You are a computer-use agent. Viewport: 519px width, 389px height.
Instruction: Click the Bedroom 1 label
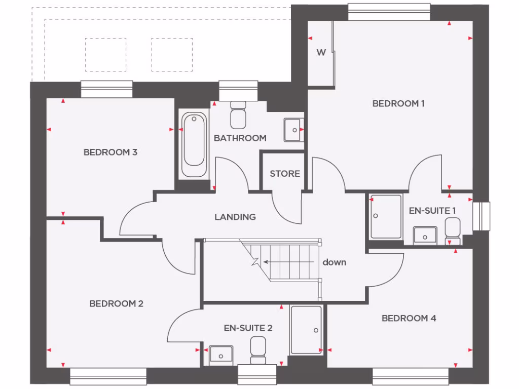398,103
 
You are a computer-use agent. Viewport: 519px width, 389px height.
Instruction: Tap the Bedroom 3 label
110,152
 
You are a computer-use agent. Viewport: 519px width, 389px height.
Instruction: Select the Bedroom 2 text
116,303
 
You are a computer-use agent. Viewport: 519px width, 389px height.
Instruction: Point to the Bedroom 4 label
409,318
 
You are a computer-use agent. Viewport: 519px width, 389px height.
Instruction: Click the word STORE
284,174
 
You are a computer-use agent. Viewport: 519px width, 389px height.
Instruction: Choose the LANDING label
235,217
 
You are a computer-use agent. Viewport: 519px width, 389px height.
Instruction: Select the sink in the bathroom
293,130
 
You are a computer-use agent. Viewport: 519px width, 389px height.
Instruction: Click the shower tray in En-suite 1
386,216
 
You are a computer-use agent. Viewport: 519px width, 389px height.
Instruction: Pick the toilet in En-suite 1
452,230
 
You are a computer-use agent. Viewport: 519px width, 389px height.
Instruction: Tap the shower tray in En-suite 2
306,330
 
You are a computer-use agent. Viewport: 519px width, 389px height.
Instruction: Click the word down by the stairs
335,262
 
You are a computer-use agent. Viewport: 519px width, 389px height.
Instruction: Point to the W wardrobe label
321,53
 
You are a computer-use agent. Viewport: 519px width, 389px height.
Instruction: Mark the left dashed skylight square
105,55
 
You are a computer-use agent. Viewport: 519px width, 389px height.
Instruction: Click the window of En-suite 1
481,216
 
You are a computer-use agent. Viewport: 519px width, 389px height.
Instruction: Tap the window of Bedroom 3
106,90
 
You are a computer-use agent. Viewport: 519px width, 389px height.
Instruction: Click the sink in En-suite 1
424,236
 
